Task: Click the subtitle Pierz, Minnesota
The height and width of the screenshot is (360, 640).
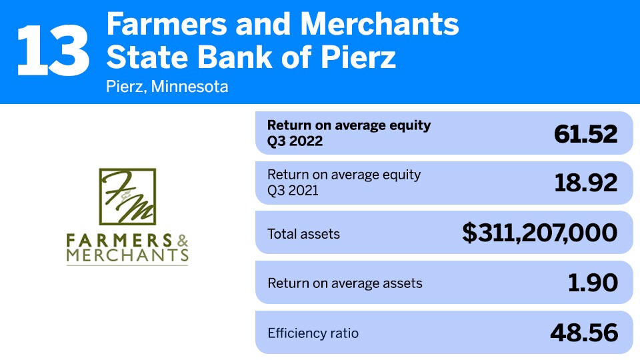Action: (167, 87)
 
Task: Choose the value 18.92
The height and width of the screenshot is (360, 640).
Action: (585, 183)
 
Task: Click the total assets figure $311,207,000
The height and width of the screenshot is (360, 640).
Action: (540, 233)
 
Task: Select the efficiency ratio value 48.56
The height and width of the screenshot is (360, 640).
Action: (584, 332)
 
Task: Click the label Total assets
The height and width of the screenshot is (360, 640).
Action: (303, 234)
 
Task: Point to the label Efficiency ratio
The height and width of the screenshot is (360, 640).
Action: (313, 333)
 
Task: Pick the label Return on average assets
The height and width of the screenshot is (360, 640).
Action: (345, 283)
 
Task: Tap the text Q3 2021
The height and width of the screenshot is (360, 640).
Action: (294, 191)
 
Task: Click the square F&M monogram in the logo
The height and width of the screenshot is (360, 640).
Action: (127, 195)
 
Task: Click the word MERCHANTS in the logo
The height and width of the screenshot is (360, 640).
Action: (127, 255)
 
